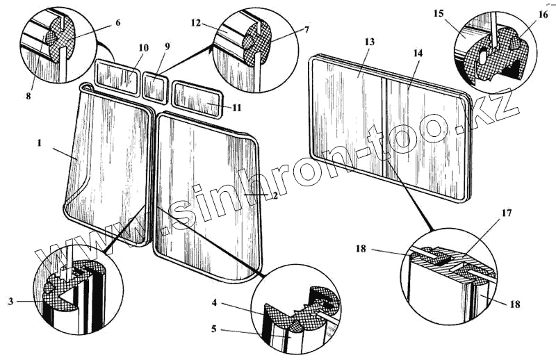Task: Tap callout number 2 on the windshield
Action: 275,197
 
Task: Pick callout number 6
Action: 118,22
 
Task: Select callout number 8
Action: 28,97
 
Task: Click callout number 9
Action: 166,46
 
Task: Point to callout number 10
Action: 143,48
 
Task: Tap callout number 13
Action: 370,42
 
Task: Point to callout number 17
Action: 507,213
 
